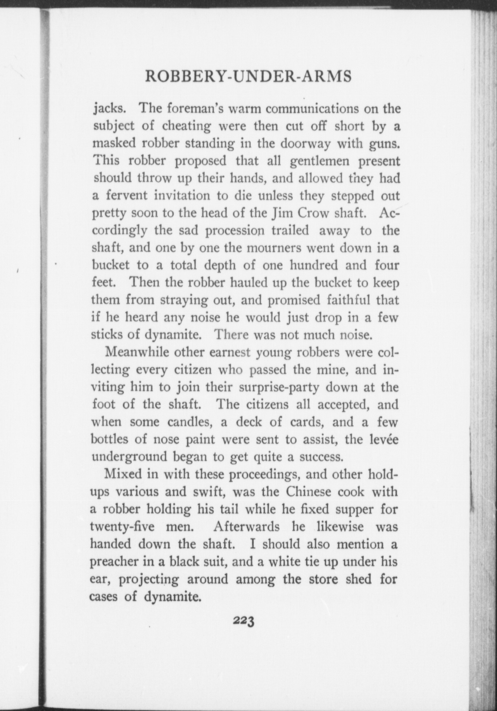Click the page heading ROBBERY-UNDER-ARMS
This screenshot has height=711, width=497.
point(248,77)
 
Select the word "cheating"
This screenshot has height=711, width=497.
point(186,126)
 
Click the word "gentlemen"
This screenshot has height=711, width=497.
point(320,161)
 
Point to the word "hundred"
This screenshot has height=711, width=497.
point(314,266)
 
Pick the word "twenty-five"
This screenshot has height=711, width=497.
point(122,527)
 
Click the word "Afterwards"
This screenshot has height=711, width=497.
point(246,526)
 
